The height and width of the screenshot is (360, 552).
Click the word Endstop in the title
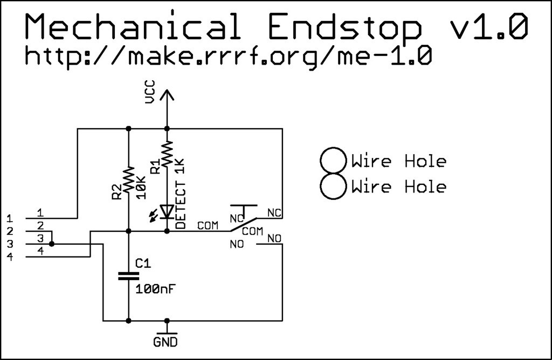click(344, 27)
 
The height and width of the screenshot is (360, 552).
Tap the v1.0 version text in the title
click(487, 27)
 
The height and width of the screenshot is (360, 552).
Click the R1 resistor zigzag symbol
click(167, 154)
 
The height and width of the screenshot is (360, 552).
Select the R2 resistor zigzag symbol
click(128, 180)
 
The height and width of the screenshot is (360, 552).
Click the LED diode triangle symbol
click(167, 211)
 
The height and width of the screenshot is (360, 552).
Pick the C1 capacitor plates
click(128, 276)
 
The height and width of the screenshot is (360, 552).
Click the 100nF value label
click(156, 289)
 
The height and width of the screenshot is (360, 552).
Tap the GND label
click(165, 342)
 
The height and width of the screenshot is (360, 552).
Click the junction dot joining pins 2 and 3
click(52, 244)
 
